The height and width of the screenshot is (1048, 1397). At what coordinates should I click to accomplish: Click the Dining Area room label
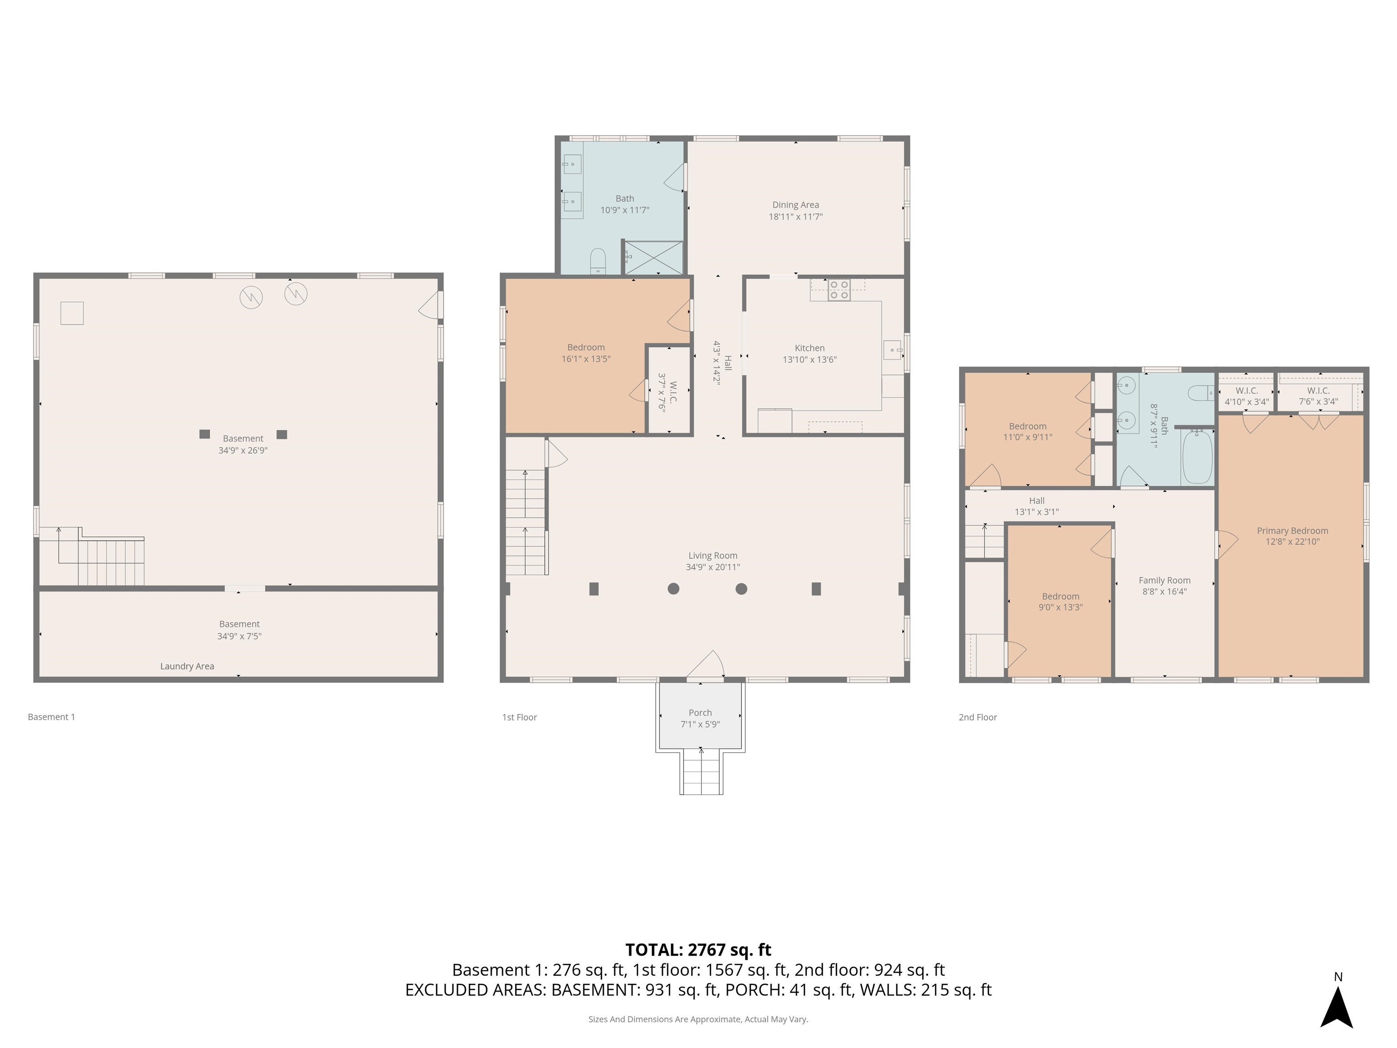pyautogui.click(x=795, y=205)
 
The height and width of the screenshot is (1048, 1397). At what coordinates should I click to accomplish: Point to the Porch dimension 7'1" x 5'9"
pyautogui.click(x=700, y=725)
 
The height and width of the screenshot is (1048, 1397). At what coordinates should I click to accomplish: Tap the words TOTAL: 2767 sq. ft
pyautogui.click(x=698, y=949)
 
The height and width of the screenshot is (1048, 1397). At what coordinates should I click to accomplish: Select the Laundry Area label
pyautogui.click(x=187, y=666)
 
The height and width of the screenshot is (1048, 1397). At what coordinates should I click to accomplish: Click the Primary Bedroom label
pyautogui.click(x=1292, y=531)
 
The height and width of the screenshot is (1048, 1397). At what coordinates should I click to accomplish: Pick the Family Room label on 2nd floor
pyautogui.click(x=1164, y=580)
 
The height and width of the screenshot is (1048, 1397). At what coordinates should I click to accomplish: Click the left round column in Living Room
pyautogui.click(x=673, y=589)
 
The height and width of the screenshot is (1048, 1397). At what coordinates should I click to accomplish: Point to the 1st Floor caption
pyautogui.click(x=519, y=717)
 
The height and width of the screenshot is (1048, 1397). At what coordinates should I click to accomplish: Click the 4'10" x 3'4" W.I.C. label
pyautogui.click(x=1246, y=396)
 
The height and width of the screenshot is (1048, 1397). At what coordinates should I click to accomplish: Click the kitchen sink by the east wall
pyautogui.click(x=892, y=349)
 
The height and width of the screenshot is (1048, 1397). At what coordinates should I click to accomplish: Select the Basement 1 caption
pyautogui.click(x=51, y=717)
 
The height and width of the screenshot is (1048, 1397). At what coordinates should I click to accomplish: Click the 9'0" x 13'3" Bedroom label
pyautogui.click(x=1060, y=601)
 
